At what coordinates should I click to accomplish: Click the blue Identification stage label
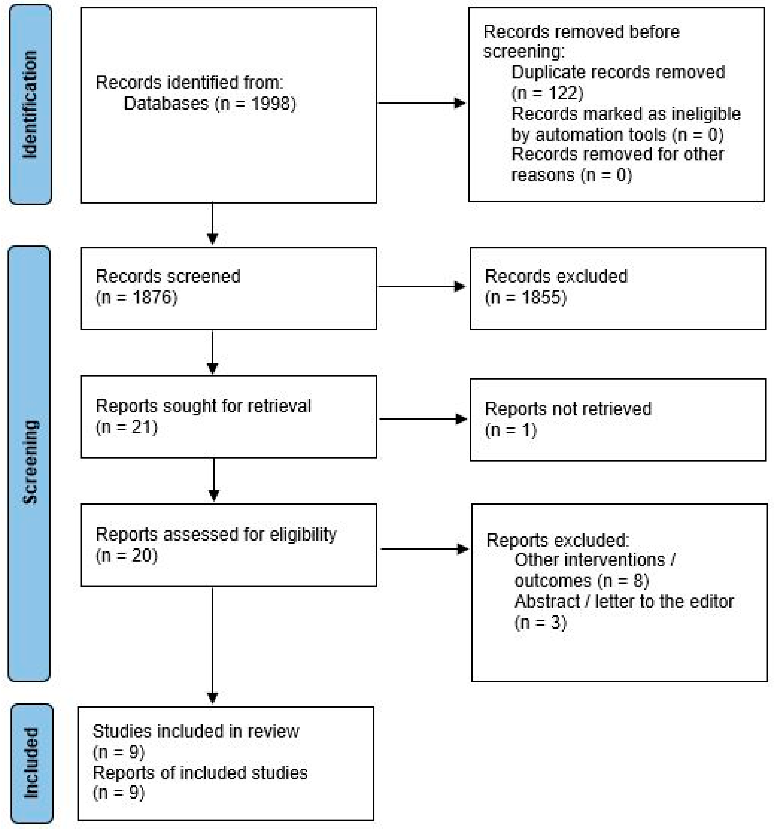30,105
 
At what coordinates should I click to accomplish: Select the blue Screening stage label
29,462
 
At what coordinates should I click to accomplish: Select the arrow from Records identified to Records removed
421,103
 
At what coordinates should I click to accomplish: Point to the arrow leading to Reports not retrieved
422,419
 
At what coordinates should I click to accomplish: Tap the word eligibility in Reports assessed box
303,534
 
